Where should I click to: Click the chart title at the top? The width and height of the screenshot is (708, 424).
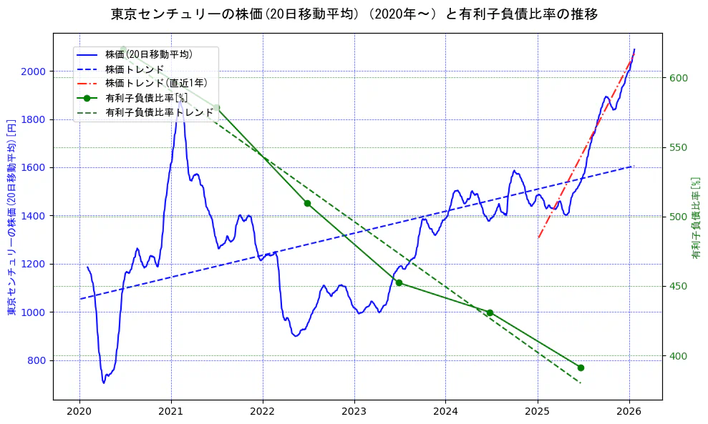coord(354,14)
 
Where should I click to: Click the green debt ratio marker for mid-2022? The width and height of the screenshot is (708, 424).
coord(307,203)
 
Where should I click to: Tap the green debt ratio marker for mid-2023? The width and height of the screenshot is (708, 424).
coord(399,282)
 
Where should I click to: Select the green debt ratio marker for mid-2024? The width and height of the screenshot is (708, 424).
coord(490,312)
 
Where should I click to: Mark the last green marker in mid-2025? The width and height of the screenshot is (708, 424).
coord(581,368)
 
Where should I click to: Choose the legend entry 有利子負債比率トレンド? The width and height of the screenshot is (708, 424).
coord(159,112)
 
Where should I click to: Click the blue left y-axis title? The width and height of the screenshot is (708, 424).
coord(11,216)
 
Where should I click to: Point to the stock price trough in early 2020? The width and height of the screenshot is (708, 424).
coord(104,383)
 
